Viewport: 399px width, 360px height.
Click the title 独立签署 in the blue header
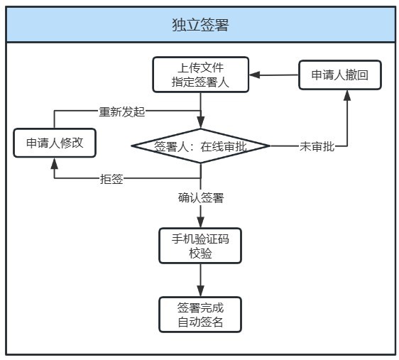200,25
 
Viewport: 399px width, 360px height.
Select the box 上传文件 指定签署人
200,75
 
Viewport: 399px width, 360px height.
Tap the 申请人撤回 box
339,75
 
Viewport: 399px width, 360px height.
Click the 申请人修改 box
55,143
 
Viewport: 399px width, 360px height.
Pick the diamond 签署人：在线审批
200,146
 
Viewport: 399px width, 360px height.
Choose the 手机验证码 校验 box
200,246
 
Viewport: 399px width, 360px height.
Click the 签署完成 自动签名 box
200,315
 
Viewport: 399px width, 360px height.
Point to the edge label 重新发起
122,111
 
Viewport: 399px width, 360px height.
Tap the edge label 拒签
111,179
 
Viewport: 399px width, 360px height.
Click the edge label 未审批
317,146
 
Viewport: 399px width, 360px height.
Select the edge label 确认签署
201,197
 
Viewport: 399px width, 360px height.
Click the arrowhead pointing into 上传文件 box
254,75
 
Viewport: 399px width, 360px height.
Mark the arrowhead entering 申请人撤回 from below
347,95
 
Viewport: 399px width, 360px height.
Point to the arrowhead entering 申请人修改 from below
54,163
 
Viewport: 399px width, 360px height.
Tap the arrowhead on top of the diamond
201,123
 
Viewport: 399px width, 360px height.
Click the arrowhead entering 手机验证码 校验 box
201,222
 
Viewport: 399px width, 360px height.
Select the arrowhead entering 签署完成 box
201,291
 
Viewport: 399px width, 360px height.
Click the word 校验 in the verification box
200,253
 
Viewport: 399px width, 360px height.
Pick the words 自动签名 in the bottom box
200,322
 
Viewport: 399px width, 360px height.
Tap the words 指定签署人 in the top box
200,82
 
